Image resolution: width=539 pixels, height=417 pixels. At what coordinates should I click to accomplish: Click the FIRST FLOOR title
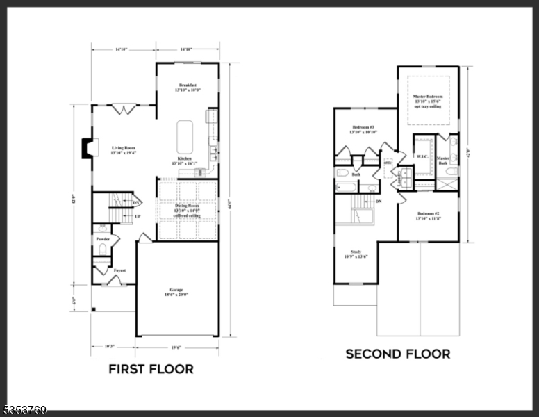point(151,369)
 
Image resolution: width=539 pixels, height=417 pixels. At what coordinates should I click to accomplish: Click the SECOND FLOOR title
point(397,354)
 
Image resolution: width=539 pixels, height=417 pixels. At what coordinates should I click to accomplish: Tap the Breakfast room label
point(186,85)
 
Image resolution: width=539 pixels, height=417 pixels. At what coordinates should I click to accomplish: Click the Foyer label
point(110,270)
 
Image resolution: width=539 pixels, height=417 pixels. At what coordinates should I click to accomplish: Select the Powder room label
point(102,238)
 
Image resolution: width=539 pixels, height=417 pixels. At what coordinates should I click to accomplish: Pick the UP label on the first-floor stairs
point(138,216)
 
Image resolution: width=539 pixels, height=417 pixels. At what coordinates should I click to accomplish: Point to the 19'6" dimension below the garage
point(176,347)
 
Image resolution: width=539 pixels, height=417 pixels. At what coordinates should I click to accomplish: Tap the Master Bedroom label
point(427,97)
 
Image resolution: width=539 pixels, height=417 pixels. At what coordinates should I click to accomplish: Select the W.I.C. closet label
point(422,156)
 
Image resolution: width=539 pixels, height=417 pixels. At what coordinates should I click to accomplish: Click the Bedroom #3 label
point(363,127)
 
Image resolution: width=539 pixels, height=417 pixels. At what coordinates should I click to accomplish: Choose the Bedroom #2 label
point(428,213)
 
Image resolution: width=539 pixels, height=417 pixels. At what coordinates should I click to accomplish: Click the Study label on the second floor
point(356,252)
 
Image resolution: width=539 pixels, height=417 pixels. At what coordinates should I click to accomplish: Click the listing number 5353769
point(24,411)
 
